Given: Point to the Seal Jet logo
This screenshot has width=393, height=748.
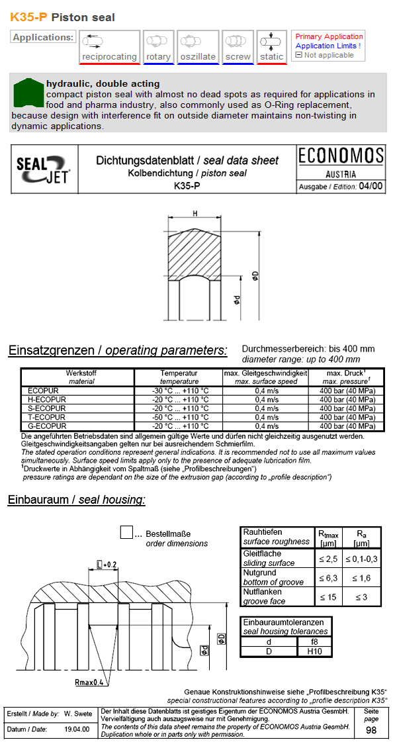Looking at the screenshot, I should [x=44, y=169].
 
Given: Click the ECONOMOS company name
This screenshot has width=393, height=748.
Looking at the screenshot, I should [x=341, y=156].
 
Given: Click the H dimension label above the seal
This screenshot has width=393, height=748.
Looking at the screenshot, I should [x=195, y=213].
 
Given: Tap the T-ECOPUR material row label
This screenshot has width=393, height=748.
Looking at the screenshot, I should [x=44, y=418].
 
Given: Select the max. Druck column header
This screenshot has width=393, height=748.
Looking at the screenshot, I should [x=346, y=377].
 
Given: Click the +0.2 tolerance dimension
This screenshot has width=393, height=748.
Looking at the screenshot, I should [x=107, y=565].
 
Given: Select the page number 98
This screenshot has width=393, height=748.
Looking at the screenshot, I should [x=371, y=730].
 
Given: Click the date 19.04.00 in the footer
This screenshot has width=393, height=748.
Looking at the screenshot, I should [x=77, y=729].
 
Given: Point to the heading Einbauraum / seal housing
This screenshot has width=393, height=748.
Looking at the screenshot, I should [x=76, y=500].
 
